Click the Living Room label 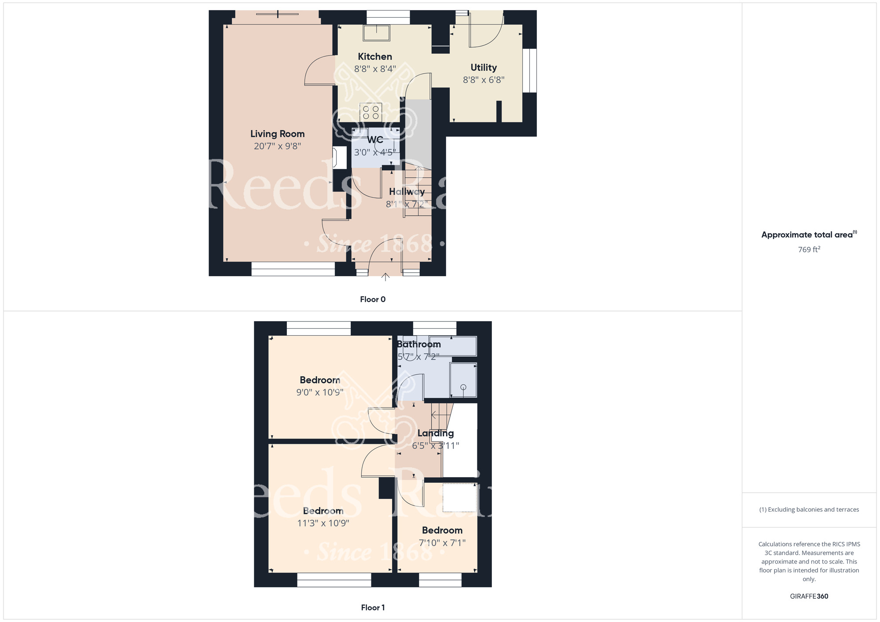click(x=277, y=134)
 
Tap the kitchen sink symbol click(x=376, y=33)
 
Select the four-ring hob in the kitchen click(x=370, y=112)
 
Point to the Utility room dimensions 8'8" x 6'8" click(x=484, y=80)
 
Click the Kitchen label click(x=375, y=56)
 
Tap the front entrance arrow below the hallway click(x=385, y=277)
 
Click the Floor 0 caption click(x=373, y=300)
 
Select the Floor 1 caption click(x=373, y=607)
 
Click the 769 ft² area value click(x=809, y=249)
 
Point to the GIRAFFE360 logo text click(x=809, y=596)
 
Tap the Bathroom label click(x=418, y=344)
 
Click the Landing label click(x=435, y=433)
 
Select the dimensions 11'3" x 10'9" click(x=323, y=523)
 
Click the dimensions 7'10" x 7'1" click(x=442, y=543)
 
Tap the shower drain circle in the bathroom click(x=463, y=387)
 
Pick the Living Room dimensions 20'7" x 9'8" click(x=277, y=146)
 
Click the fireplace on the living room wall click(x=339, y=158)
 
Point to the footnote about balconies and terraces click(x=809, y=509)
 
